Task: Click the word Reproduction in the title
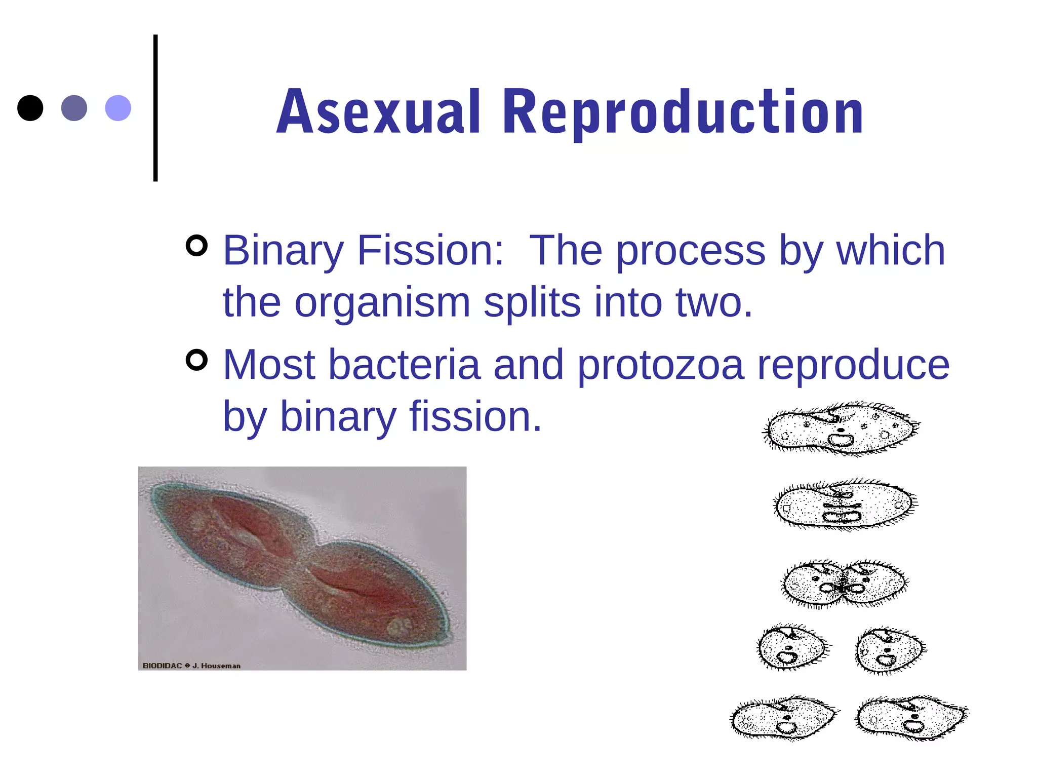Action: point(683,112)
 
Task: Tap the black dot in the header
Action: point(30,108)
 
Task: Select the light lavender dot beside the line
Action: point(118,108)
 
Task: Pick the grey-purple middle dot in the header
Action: point(74,108)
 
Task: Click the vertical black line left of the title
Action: point(155,108)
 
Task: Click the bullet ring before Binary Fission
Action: point(196,246)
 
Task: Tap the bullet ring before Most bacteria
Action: point(196,360)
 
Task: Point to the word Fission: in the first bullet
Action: point(430,250)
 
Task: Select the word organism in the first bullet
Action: point(382,302)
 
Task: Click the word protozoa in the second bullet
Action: point(660,365)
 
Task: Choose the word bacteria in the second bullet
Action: point(404,365)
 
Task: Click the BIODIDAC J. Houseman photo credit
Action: point(191,666)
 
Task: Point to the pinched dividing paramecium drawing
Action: point(845,584)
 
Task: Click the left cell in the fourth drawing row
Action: point(792,648)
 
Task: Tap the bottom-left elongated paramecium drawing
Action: point(784,718)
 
